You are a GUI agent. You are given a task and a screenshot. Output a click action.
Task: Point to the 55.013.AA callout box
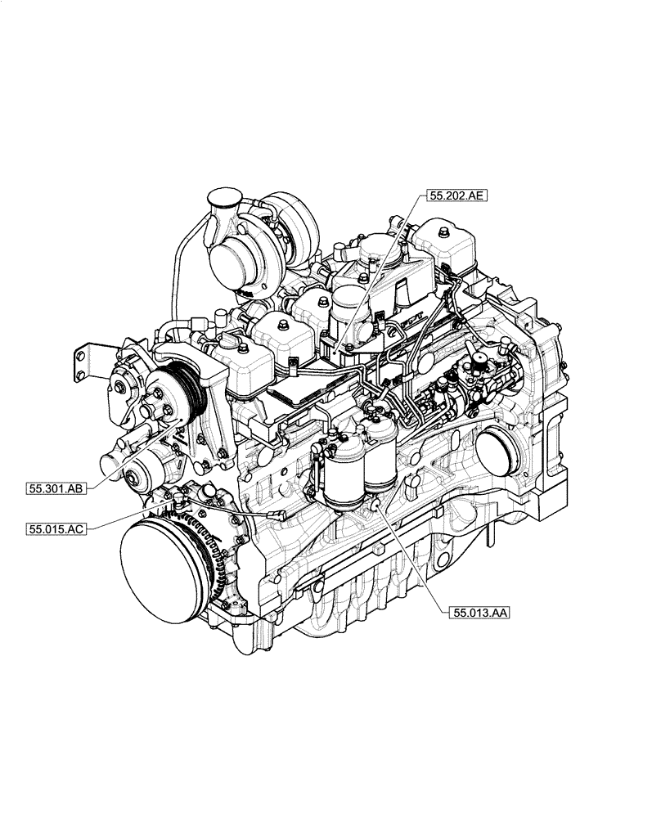tap(479, 611)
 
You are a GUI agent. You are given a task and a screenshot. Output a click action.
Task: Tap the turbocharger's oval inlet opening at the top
tap(222, 197)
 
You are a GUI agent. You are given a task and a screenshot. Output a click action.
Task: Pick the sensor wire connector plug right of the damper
tap(278, 515)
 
